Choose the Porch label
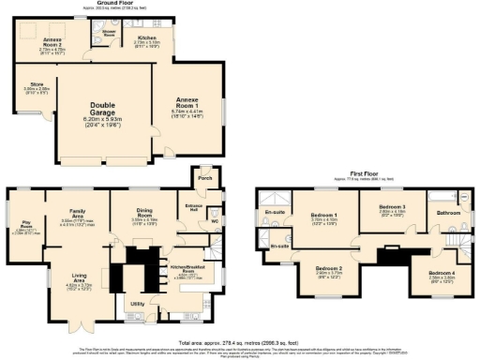pos(203,178)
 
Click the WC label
pos(214,222)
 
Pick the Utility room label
pos(138,305)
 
